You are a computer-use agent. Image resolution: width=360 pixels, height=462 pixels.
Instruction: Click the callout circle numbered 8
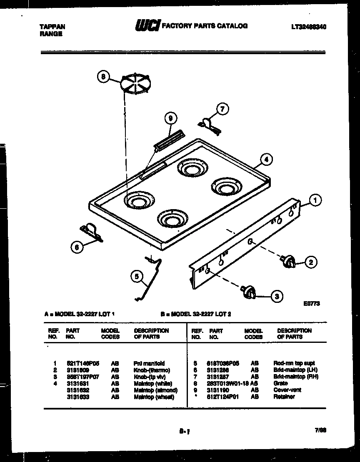104,77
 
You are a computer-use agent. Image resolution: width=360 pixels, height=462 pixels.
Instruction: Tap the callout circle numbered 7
222,110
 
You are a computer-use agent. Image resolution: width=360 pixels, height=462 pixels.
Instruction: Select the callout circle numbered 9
170,118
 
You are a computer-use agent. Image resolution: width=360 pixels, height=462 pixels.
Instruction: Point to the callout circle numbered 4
267,159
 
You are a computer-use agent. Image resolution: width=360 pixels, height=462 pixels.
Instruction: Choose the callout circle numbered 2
310,262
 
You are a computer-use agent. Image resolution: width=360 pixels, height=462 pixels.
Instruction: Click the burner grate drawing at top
137,83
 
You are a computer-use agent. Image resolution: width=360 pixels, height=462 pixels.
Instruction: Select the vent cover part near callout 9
169,138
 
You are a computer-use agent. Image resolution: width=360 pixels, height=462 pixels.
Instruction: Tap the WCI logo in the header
147,26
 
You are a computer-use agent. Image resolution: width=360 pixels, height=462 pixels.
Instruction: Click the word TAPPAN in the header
52,27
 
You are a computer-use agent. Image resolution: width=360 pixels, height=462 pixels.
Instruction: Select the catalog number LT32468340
309,26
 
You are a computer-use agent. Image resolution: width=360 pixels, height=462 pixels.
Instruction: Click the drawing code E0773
312,305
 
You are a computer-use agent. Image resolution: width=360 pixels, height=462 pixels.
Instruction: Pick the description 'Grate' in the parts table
280,383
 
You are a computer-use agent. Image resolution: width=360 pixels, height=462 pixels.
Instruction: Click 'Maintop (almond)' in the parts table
155,390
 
